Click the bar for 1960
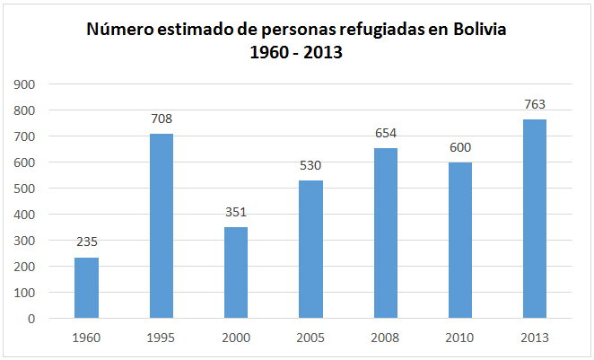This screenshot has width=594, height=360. click(x=86, y=288)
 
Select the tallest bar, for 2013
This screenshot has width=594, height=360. click(x=535, y=219)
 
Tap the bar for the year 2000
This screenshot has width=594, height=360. click(x=236, y=272)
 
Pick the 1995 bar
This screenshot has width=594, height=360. click(x=162, y=226)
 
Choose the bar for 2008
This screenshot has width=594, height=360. click(x=386, y=233)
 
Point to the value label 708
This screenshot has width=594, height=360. click(x=162, y=119)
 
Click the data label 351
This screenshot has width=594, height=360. click(x=236, y=212)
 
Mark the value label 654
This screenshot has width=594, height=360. click(x=386, y=133)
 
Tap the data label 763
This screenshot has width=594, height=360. click(x=535, y=104)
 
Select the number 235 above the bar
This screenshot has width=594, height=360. click(x=87, y=241)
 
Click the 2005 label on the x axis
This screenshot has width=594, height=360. click(x=310, y=338)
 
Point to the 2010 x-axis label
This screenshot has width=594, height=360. click(x=459, y=338)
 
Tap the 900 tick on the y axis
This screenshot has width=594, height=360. click(x=24, y=84)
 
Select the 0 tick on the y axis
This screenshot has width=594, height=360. click(x=31, y=319)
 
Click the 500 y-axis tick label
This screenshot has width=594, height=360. click(x=24, y=189)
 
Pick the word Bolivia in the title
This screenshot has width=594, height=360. click(x=479, y=30)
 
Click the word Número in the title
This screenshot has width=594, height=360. click(x=119, y=30)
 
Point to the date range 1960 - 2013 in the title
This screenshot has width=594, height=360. click(x=296, y=52)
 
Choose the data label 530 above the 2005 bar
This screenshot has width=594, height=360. click(x=310, y=165)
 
